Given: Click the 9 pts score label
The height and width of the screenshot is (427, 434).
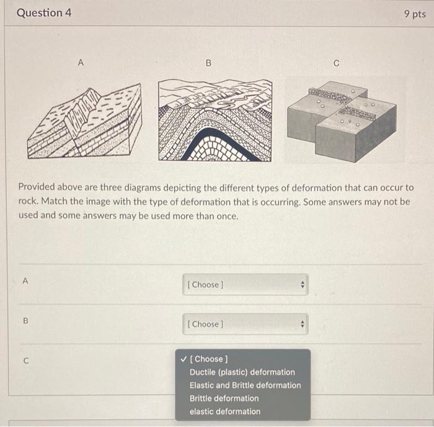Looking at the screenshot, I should [414, 14].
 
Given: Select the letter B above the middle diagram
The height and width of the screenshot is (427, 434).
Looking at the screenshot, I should [208, 62].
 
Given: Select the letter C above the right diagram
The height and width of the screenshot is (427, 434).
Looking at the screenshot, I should [336, 63].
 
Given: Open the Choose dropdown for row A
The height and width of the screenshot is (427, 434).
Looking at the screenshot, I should [245, 285].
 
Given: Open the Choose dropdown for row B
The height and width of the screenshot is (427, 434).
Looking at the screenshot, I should [245, 324].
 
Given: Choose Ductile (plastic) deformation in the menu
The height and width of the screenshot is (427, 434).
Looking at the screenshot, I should [242, 372].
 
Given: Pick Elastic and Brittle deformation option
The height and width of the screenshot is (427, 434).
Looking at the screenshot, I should [245, 385].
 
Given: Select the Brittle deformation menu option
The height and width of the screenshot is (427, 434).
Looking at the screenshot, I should [224, 398].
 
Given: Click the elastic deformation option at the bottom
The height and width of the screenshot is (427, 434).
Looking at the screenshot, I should [225, 411].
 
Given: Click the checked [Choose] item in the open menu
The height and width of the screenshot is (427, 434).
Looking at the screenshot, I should [209, 359].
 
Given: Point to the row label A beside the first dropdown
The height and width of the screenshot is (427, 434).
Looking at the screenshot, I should [25, 281].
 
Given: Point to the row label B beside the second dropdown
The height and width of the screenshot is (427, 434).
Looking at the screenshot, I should [25, 320].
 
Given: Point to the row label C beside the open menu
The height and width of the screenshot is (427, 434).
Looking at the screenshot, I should [25, 360].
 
